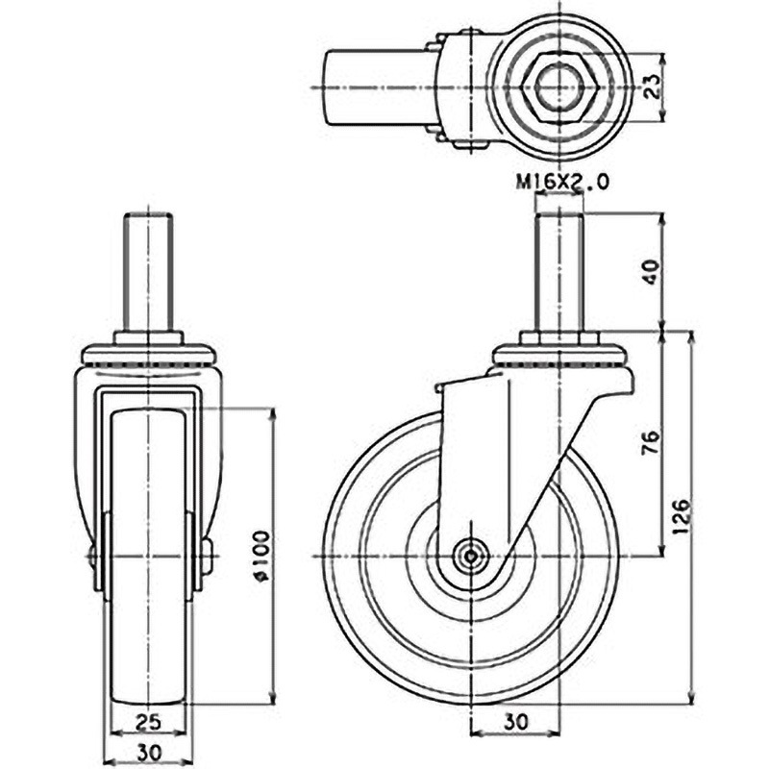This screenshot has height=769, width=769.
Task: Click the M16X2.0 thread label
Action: pyautogui.click(x=562, y=183)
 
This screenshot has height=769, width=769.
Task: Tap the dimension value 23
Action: pyautogui.click(x=653, y=87)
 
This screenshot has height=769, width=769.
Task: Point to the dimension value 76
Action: pyautogui.click(x=653, y=442)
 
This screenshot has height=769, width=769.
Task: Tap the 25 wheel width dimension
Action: pyautogui.click(x=148, y=722)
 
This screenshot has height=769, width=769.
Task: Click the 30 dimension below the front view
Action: pyautogui.click(x=149, y=752)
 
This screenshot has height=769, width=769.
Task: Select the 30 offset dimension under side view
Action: pyautogui.click(x=515, y=722)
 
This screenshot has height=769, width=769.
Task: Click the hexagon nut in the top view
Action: pyautogui.click(x=559, y=87)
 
